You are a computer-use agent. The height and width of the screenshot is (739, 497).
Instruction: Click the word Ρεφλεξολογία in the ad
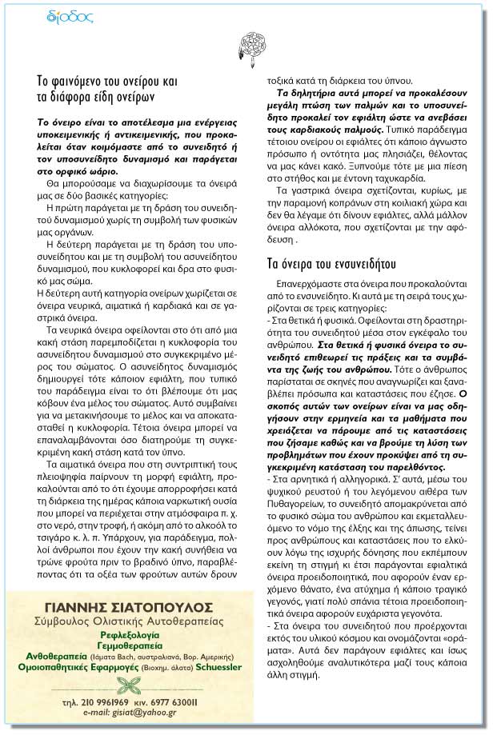point(134,633)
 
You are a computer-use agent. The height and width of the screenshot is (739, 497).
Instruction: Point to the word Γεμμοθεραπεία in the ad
point(134,644)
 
